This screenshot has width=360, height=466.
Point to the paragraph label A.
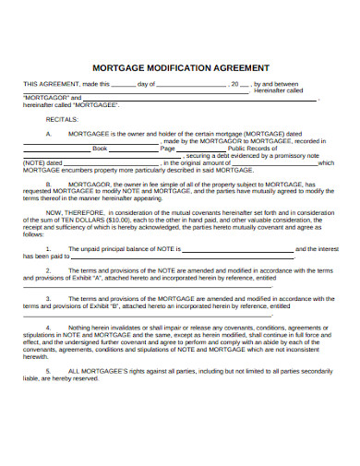point(48,134)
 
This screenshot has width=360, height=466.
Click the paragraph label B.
point(48,185)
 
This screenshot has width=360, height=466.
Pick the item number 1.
point(48,249)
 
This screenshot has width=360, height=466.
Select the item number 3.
point(48,300)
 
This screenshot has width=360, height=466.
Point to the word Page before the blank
point(167,148)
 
